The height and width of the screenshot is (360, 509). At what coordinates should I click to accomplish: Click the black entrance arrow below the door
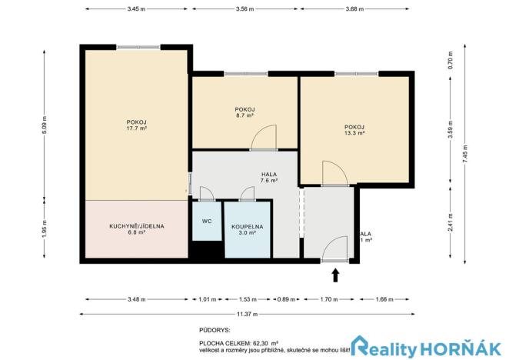point(334,274)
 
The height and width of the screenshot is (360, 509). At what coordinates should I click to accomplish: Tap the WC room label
point(207,222)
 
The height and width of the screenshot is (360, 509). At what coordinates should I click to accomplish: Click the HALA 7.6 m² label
point(268,178)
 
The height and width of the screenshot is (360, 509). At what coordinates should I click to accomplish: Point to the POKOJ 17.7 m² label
point(137,125)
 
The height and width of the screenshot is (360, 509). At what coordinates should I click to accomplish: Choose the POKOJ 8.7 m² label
point(245,112)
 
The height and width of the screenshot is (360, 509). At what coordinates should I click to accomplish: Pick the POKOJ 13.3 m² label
point(354,130)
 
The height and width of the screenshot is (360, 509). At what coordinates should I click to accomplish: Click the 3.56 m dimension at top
point(245,8)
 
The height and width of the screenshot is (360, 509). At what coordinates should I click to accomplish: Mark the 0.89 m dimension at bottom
point(285,299)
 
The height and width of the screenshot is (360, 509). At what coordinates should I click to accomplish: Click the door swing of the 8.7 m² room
point(263,138)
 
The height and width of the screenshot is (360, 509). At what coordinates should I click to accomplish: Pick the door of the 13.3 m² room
point(334,174)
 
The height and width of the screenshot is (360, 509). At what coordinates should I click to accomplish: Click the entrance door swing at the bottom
point(334,249)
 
